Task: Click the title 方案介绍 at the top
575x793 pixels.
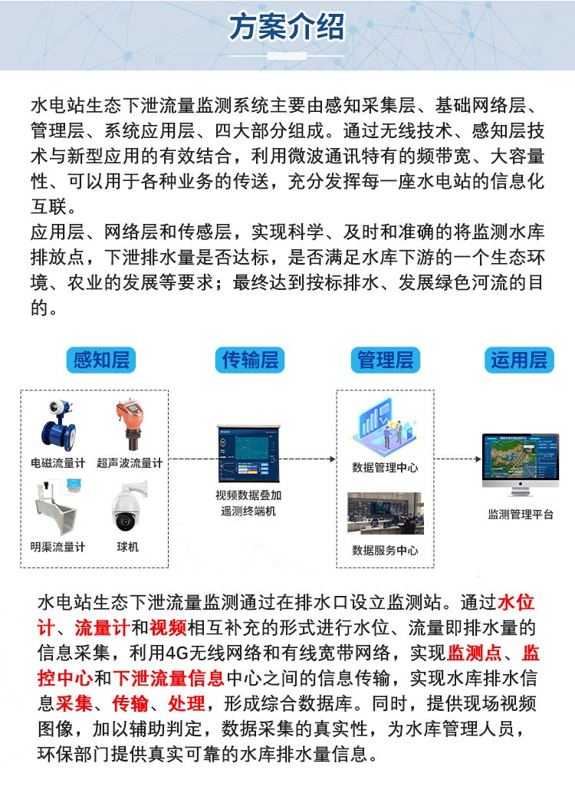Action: click(x=287, y=28)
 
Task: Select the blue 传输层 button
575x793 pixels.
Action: click(x=250, y=359)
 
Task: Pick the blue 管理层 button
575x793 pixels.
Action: click(x=385, y=359)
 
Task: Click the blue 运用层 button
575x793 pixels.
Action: click(x=518, y=359)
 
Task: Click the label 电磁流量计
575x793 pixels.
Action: click(x=58, y=463)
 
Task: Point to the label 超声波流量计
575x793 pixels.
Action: click(x=130, y=463)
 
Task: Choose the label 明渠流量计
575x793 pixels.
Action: click(x=58, y=547)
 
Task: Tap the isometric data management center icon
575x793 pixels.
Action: click(x=386, y=429)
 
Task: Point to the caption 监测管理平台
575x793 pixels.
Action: click(x=521, y=515)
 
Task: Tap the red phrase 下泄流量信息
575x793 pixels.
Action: click(x=169, y=678)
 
